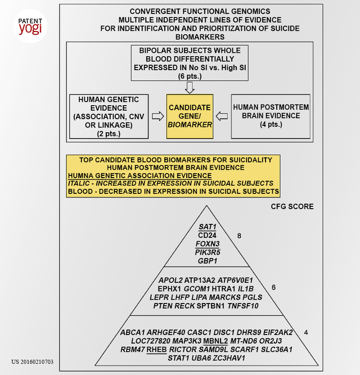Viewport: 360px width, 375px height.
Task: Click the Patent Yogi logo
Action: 29,26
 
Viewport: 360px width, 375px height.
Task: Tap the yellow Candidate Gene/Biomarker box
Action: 189,116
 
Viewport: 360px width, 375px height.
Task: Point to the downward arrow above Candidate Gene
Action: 189,87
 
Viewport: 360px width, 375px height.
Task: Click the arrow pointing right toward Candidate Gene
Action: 159,116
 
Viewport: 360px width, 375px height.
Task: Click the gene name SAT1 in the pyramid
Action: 209,226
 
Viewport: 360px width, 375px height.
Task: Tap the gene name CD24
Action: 209,234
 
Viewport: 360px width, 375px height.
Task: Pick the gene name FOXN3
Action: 209,243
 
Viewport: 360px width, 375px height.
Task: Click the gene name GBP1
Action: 209,261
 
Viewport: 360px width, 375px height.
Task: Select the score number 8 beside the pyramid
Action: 239,236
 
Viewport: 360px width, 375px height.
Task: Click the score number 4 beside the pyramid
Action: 305,332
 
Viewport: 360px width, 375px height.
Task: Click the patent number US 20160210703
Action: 33,362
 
